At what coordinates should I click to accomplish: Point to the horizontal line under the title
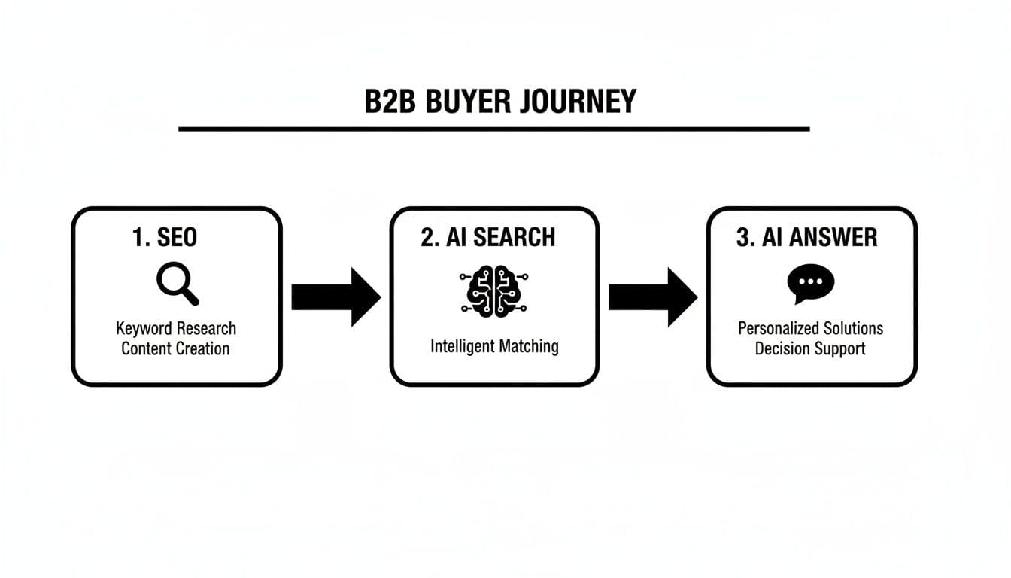point(493,129)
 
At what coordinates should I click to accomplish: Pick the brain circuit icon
point(493,290)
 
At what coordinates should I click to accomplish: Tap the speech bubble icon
point(810,284)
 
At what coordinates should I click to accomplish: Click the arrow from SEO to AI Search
point(335,297)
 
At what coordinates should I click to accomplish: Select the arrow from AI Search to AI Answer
point(652,297)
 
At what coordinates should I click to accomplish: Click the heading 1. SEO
point(164,238)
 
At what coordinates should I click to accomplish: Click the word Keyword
point(144,329)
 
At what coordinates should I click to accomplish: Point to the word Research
point(206,329)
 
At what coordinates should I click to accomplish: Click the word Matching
point(530,346)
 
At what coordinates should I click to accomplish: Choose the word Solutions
point(853,329)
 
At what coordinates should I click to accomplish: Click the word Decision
point(782,348)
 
